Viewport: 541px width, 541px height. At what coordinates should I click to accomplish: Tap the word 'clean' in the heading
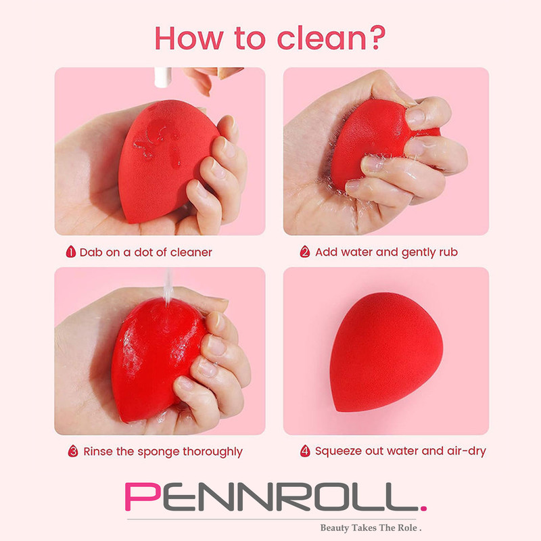tap(321, 38)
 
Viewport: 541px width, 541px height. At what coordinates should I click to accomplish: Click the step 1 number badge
tap(71, 252)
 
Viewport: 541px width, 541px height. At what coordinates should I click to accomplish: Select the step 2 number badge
tap(305, 252)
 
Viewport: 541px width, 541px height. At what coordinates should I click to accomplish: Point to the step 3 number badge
tap(73, 451)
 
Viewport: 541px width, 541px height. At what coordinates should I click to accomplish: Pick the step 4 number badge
tap(305, 450)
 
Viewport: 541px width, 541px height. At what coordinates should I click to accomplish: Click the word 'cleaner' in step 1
tap(191, 252)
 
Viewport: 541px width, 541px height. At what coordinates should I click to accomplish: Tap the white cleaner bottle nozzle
tap(162, 77)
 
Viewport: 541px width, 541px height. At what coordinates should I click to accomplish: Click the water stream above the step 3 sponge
tap(168, 287)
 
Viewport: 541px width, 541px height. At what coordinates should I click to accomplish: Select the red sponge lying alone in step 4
tap(386, 352)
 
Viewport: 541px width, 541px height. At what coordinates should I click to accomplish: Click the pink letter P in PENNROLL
tap(143, 496)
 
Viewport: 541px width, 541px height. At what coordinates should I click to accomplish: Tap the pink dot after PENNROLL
tap(424, 508)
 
